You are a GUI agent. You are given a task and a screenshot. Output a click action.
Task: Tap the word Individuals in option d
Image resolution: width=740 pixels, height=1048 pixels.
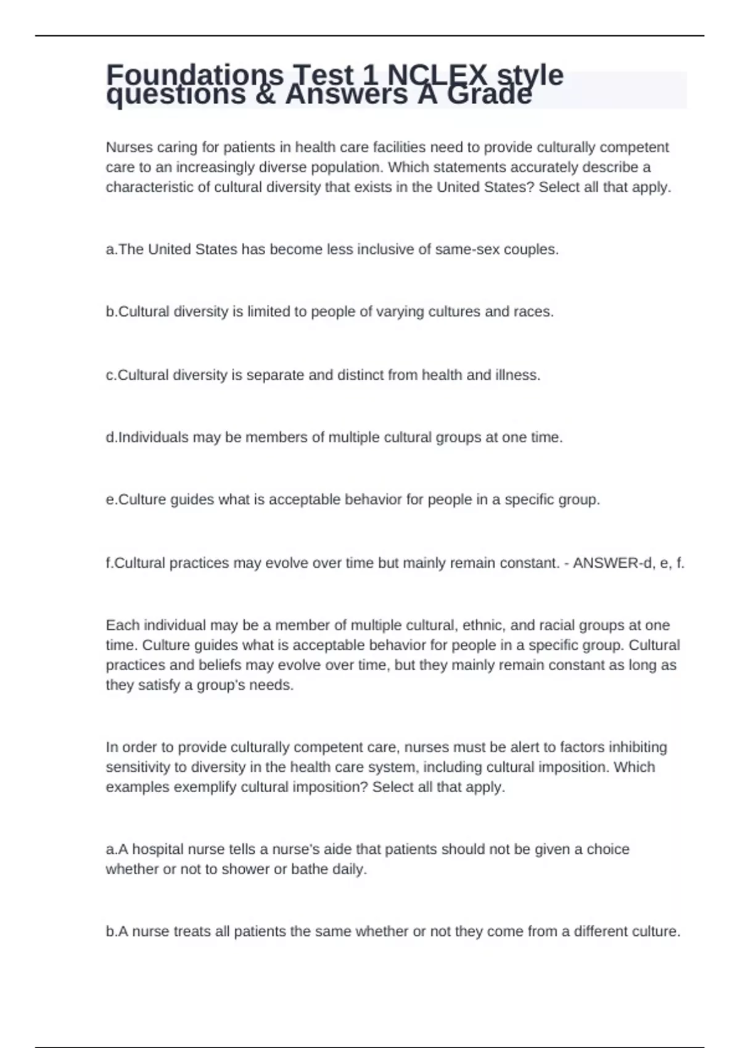153,438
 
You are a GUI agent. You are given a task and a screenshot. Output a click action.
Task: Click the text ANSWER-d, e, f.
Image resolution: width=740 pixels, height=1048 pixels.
628,563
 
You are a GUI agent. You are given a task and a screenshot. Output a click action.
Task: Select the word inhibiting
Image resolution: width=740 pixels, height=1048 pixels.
638,747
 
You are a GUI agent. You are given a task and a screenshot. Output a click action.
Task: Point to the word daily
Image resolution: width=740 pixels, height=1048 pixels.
350,869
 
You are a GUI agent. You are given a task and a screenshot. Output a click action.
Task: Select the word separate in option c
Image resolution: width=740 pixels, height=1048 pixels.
275,375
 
